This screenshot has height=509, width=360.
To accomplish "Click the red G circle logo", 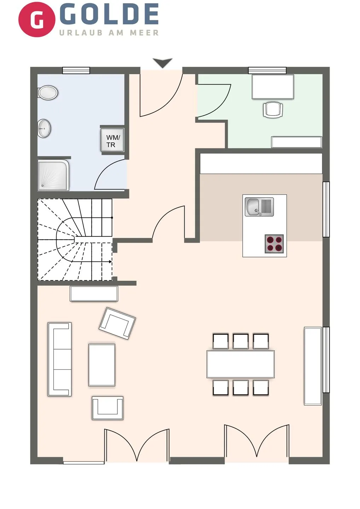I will (36, 19).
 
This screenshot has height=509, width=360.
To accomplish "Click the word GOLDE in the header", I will (109, 14).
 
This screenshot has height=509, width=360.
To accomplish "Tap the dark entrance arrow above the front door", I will (163, 63).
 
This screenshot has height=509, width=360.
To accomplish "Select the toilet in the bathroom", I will (47, 93).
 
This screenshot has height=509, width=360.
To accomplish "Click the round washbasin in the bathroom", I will (45, 128).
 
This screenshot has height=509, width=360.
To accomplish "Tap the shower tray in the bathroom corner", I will (53, 175).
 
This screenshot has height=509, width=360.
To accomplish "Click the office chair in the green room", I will (273, 109).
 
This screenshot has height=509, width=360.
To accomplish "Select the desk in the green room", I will (273, 87).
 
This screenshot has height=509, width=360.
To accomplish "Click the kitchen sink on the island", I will (259, 207).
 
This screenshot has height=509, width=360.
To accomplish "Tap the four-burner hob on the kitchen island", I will (274, 244).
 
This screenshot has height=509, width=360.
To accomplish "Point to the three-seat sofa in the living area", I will (59, 359).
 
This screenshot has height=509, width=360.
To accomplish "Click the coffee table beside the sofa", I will (102, 365).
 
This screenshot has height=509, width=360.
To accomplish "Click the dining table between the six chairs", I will (240, 364).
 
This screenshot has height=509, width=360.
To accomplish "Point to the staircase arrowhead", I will (110, 262).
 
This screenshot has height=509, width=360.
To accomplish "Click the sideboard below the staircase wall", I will (94, 293).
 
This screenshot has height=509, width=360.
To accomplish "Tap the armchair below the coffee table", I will (108, 408).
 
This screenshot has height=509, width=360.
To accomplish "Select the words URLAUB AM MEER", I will (109, 33).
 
